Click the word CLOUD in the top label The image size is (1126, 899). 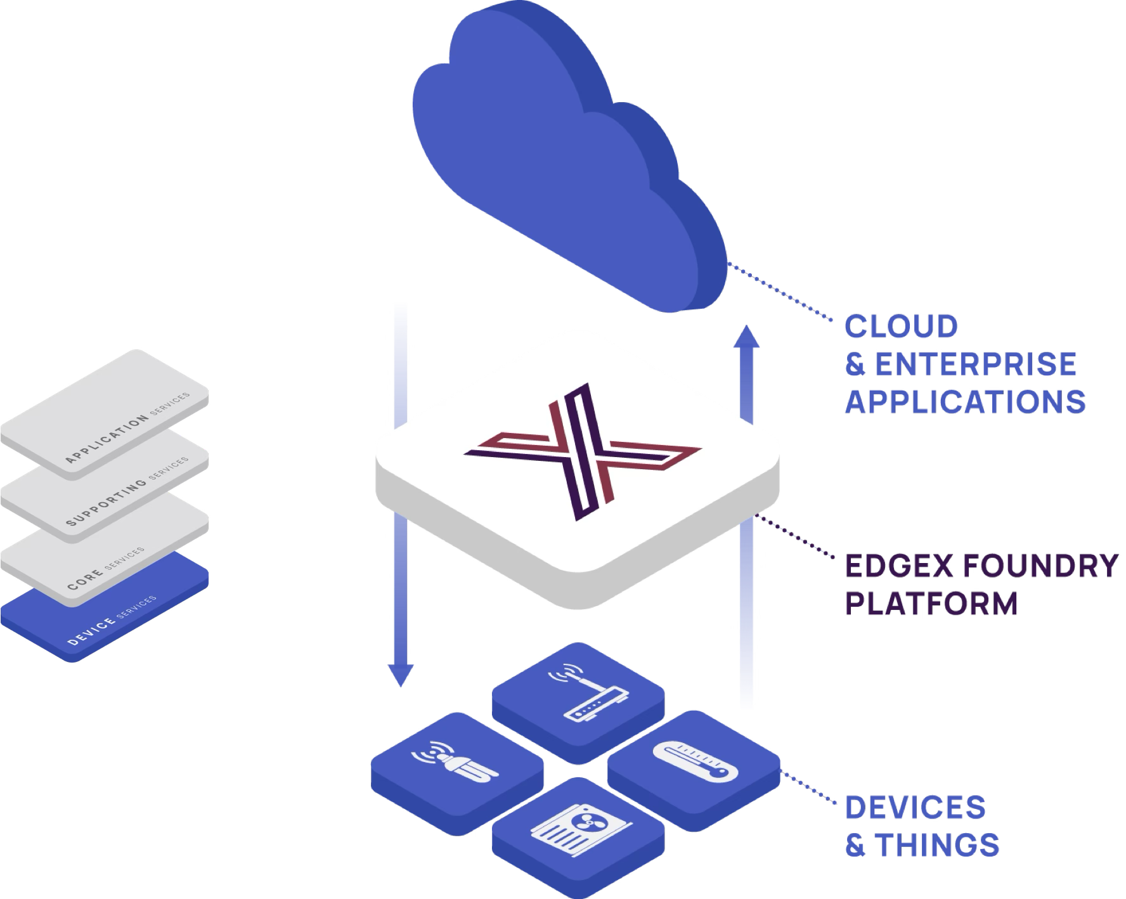[901, 327]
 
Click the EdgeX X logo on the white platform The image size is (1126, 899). [581, 450]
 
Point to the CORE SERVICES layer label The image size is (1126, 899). [105, 567]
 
